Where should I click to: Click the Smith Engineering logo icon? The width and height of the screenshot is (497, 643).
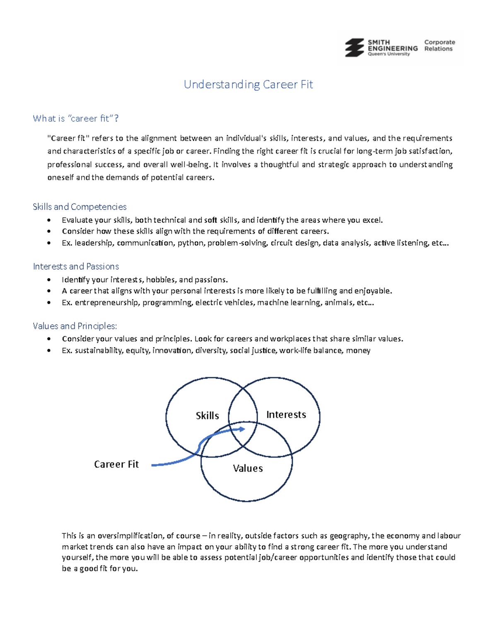pos(354,48)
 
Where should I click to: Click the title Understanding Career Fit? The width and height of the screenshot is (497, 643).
pos(248,84)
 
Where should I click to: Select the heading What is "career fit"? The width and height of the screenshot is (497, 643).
pos(76,118)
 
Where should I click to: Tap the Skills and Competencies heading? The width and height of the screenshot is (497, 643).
pos(80,207)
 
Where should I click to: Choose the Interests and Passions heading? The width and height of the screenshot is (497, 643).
pos(76,266)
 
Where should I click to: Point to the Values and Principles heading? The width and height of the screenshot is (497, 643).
pos(75,326)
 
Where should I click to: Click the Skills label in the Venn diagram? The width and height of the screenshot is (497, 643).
pos(207,416)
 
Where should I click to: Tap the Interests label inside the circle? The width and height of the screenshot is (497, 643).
pos(286,414)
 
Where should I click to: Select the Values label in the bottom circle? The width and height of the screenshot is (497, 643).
pos(248,468)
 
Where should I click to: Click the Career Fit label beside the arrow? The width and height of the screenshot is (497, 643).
pos(116,464)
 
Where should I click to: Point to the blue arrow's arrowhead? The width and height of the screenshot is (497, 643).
pos(242,429)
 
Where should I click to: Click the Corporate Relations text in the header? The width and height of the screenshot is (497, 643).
pos(439,45)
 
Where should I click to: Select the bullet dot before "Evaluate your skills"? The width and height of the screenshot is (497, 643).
pos(49,220)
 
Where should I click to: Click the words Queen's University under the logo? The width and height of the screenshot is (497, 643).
pos(388,54)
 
